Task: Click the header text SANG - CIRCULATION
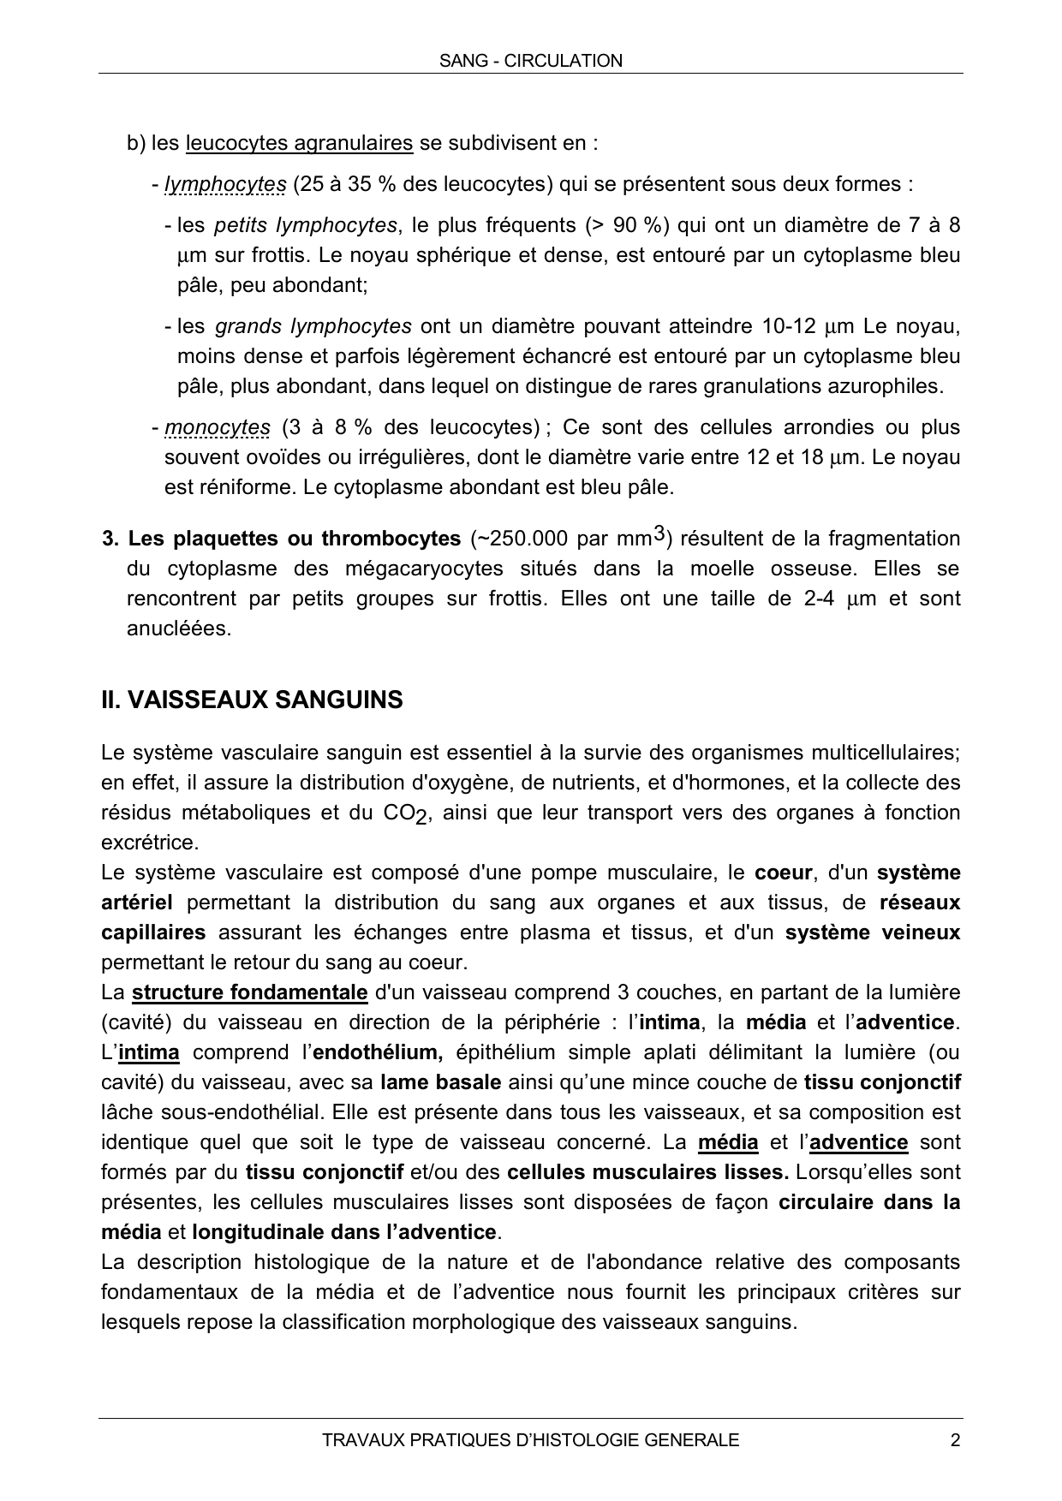pyautogui.click(x=530, y=61)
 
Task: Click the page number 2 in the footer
pyautogui.click(x=955, y=1440)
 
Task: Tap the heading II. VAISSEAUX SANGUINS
pyautogui.click(x=252, y=700)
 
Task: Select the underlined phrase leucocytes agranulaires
pyautogui.click(x=299, y=143)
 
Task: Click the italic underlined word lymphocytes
pyautogui.click(x=225, y=184)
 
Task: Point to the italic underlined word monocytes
pyautogui.click(x=218, y=427)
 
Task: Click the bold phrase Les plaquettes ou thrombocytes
pyautogui.click(x=294, y=539)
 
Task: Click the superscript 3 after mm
pyautogui.click(x=658, y=534)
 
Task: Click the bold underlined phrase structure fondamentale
pyautogui.click(x=250, y=992)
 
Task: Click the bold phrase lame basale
pyautogui.click(x=440, y=1082)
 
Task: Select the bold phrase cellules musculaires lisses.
pyautogui.click(x=647, y=1172)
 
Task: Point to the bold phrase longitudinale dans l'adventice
pyautogui.click(x=344, y=1232)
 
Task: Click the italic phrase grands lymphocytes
pyautogui.click(x=313, y=326)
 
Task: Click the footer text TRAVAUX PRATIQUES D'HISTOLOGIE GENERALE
pyautogui.click(x=530, y=1440)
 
